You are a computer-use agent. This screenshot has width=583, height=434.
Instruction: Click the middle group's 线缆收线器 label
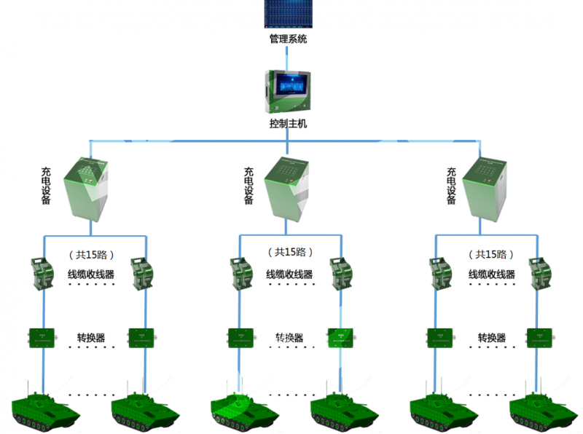click(289, 275)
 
